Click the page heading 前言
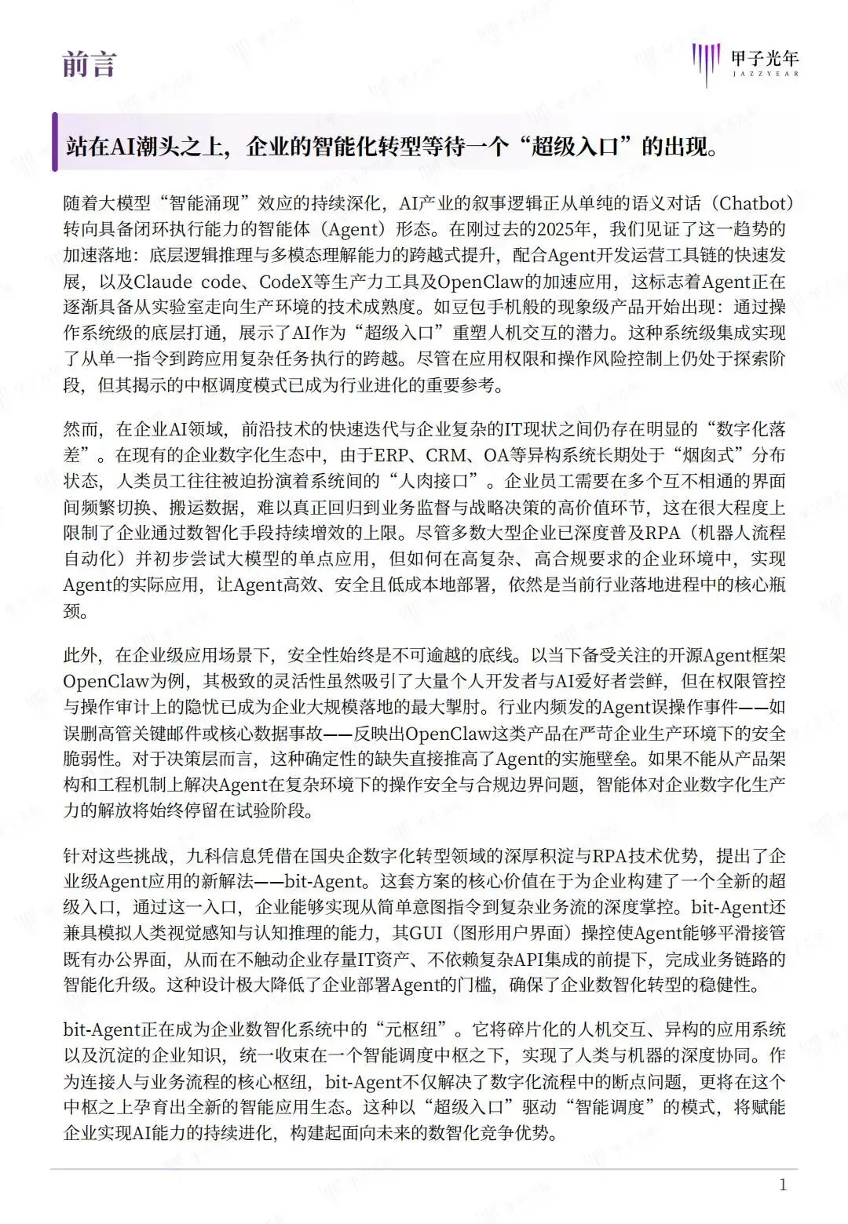[90, 64]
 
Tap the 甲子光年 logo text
[764, 58]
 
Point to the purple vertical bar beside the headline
[55, 142]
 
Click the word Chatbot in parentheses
[751, 203]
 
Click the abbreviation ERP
[392, 455]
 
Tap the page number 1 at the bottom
[782, 1185]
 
